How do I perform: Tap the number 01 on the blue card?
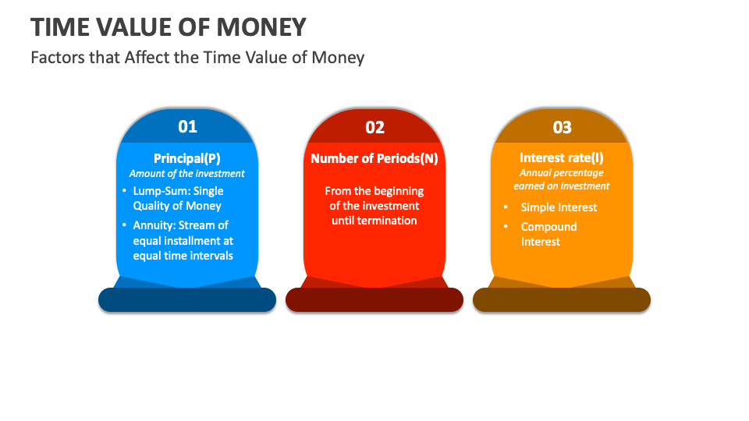(187, 126)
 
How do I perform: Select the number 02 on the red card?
(374, 127)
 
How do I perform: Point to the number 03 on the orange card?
(562, 127)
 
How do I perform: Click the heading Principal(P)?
(187, 158)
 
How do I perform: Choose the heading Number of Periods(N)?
(374, 158)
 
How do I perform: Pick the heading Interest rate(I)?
(562, 158)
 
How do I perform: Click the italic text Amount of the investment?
(187, 174)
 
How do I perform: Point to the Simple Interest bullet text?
(559, 207)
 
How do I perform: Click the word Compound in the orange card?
(549, 227)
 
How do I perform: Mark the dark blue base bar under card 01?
(187, 300)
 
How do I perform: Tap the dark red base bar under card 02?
(374, 300)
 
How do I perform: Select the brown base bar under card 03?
(562, 300)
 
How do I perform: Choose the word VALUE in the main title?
(144, 27)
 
